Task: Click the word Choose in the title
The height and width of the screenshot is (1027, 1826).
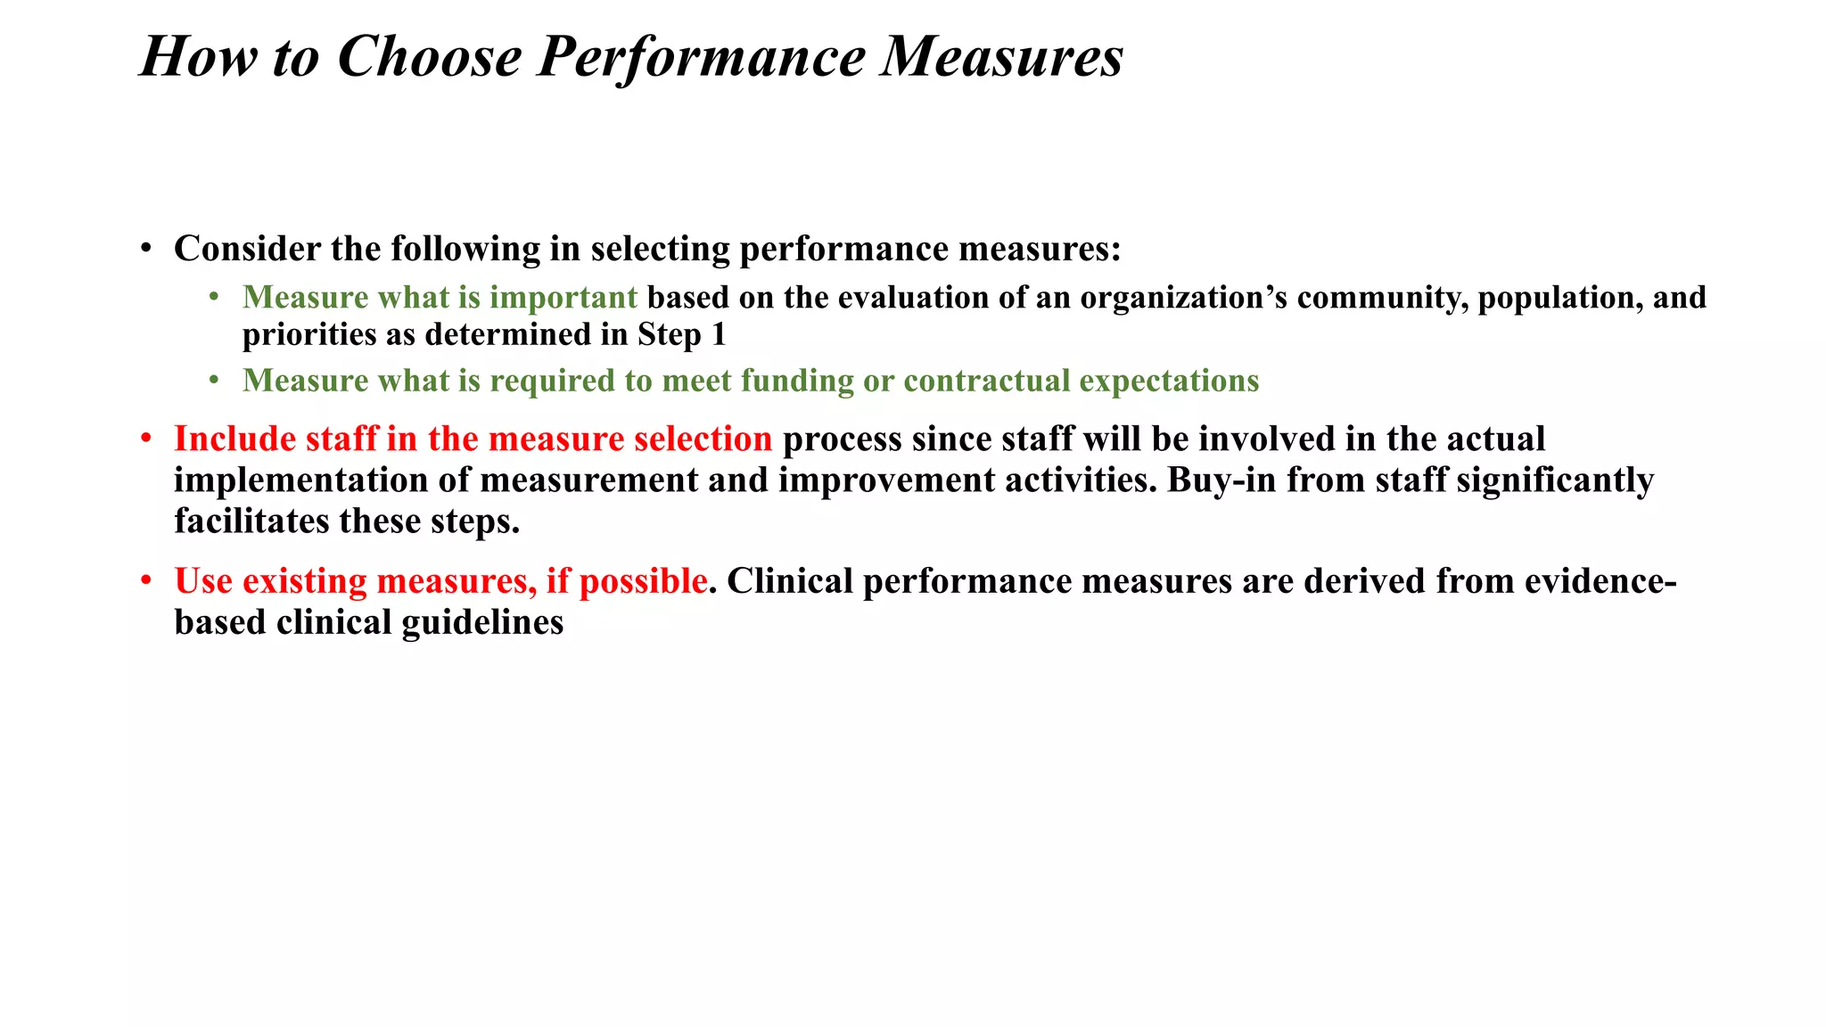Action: click(x=430, y=57)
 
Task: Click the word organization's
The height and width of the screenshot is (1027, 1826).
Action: click(x=1183, y=297)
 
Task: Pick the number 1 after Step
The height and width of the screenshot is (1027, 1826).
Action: click(x=719, y=334)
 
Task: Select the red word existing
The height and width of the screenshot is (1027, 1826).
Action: click(x=305, y=581)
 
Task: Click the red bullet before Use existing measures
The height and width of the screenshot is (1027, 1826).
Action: click(x=146, y=581)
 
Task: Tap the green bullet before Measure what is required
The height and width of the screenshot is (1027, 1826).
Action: click(x=214, y=381)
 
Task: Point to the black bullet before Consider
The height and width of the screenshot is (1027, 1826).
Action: click(x=146, y=249)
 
